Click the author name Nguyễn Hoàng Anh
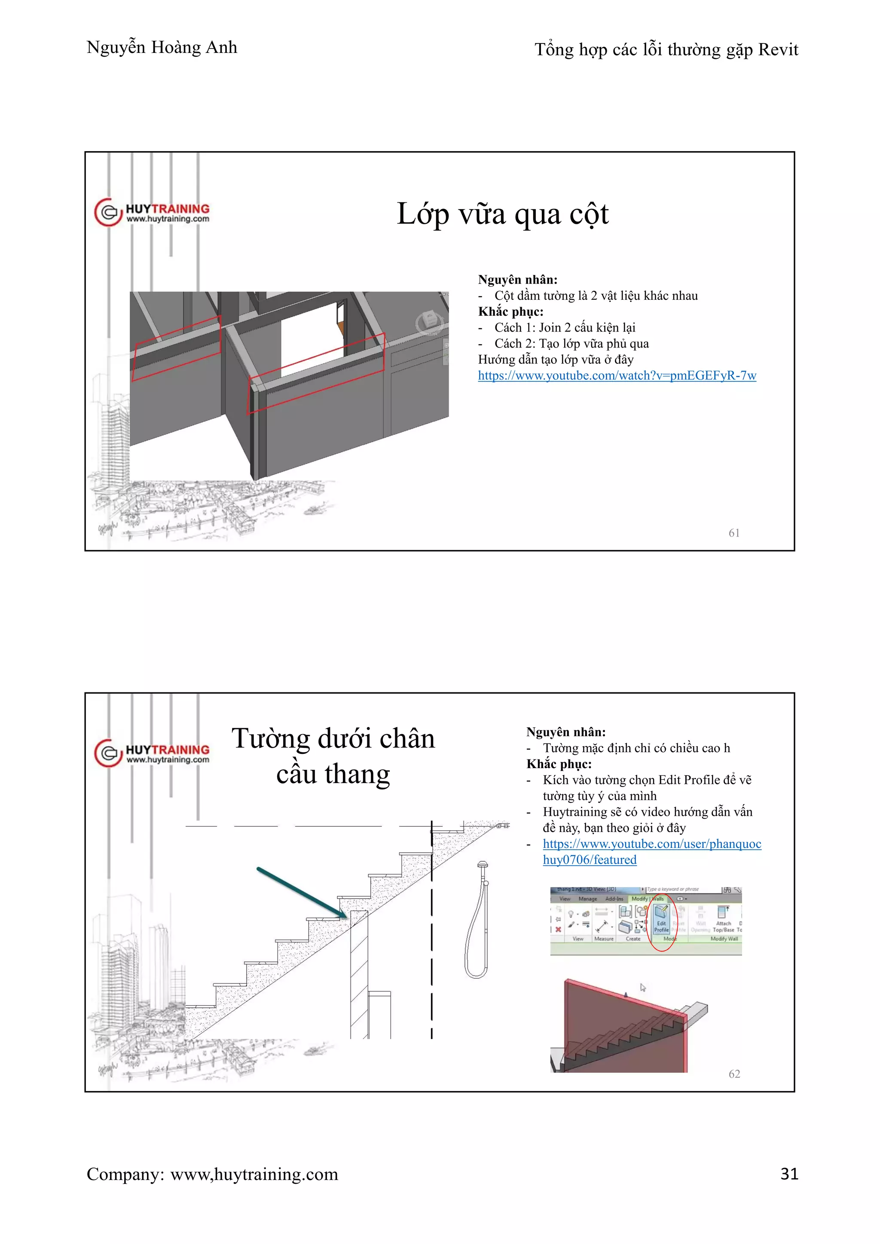click(x=162, y=48)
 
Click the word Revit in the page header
click(x=778, y=50)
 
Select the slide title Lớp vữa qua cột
click(x=502, y=214)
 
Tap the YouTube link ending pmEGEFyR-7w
click(x=617, y=375)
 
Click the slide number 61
click(x=734, y=533)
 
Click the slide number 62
click(x=734, y=1074)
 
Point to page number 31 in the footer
click(x=789, y=1174)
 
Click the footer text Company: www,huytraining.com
click(x=212, y=1174)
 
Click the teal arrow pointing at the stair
click(x=301, y=892)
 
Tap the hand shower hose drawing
click(x=476, y=921)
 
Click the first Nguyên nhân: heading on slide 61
click(x=517, y=280)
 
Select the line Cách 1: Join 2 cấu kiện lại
click(x=564, y=328)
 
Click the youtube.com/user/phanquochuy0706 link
click(x=651, y=844)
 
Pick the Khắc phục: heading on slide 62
click(x=558, y=764)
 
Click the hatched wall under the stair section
click(x=359, y=975)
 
